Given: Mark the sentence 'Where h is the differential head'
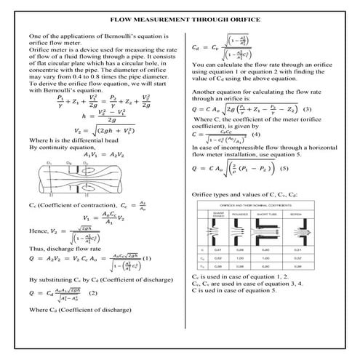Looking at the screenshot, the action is [66, 139].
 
